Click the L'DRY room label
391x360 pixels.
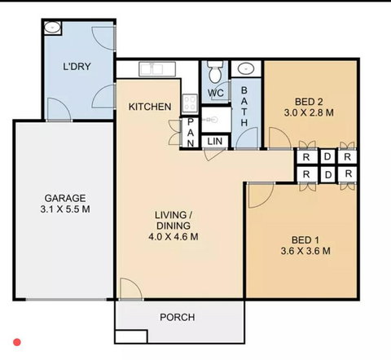pos(77,67)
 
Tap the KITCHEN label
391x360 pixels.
pos(150,107)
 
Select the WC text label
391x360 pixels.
pos(215,93)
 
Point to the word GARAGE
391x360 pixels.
pos(65,198)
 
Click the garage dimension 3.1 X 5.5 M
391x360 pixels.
pos(66,210)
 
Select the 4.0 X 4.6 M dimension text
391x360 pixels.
pos(172,237)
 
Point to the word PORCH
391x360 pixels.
pos(177,317)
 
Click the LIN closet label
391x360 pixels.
pos(215,142)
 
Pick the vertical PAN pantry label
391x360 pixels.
pos(190,134)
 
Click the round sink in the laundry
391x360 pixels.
pos(51,28)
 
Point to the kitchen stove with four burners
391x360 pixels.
pos(189,103)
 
